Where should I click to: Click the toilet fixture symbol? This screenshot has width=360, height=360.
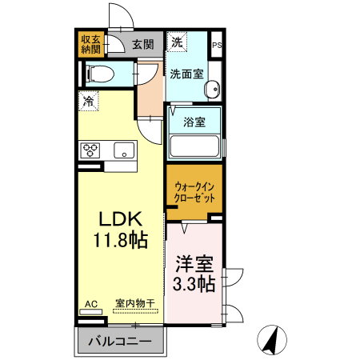coord(101,74)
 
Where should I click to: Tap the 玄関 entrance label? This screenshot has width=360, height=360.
coord(143,44)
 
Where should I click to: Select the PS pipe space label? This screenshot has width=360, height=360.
coord(215,46)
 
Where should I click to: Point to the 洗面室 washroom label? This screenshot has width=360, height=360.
coord(186,74)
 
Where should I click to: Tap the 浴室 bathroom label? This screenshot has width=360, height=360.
coord(193,122)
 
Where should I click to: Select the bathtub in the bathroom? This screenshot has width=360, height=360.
coord(195,147)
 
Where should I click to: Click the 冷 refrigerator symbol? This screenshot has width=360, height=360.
coord(89,102)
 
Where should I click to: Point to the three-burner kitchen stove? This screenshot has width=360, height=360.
coord(90,150)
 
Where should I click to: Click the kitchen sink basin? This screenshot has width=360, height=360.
coord(124,150)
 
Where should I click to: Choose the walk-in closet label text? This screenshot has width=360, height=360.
coord(194,193)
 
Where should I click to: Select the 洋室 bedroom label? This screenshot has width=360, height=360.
coord(195,262)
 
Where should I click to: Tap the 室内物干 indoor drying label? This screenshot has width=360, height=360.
coord(135,302)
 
